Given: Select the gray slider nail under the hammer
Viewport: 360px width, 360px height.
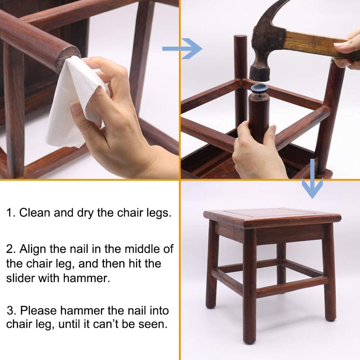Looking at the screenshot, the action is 259,88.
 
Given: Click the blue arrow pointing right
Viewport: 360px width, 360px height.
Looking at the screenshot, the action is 182,49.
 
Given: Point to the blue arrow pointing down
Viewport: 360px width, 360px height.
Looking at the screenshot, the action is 312,178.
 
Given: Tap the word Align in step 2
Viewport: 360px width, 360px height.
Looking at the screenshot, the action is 33,249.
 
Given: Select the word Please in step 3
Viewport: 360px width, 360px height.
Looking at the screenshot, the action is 38,311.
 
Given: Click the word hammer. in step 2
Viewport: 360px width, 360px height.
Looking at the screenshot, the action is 87,278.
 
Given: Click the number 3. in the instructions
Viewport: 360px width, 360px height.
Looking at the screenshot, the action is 12,311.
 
